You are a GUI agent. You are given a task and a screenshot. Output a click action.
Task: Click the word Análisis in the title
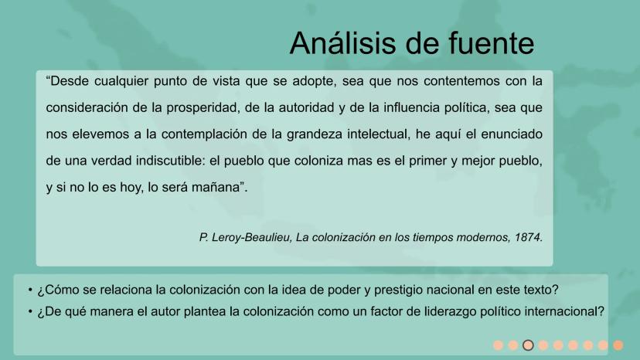tap(342, 42)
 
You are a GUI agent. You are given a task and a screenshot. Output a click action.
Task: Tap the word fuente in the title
tap(491, 42)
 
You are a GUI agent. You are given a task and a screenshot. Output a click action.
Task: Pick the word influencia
tap(410, 107)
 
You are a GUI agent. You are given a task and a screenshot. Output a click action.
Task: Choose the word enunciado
tap(512, 134)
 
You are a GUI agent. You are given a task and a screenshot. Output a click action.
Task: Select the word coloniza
tap(318, 161)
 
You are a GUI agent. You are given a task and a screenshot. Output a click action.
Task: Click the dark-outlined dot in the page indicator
tap(528, 345)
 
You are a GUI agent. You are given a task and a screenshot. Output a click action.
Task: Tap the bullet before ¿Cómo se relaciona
tap(30, 290)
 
